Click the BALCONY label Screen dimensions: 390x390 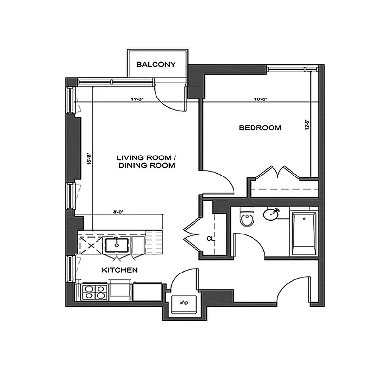(156, 64)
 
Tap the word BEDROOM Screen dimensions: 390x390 (260, 128)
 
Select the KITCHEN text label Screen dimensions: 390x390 (119, 270)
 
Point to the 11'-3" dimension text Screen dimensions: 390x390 (137, 99)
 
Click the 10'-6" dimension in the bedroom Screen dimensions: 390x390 (261, 99)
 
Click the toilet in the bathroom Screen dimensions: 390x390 (248, 218)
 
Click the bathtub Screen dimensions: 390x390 (304, 233)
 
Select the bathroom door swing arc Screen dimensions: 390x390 (250, 242)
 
